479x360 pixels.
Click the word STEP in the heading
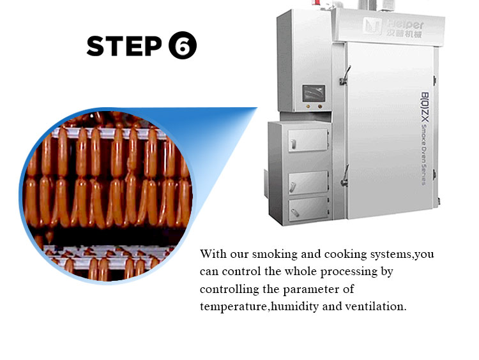[125, 46]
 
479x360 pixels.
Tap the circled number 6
[183, 45]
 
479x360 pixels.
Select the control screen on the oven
[314, 93]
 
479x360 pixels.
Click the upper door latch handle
[345, 75]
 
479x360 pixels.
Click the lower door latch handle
[345, 176]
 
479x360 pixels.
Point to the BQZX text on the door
[425, 107]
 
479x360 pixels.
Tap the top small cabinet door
[308, 140]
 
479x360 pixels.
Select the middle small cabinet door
[308, 183]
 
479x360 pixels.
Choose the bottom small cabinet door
[308, 209]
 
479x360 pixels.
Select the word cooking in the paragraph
[346, 254]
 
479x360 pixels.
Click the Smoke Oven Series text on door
[424, 154]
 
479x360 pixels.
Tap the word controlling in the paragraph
[229, 289]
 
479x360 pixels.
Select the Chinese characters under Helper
[404, 33]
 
